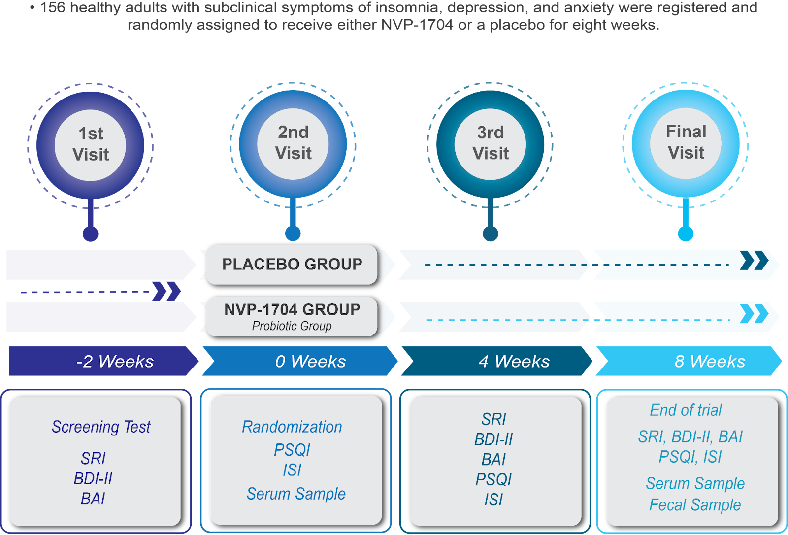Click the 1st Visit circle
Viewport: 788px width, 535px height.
(x=91, y=145)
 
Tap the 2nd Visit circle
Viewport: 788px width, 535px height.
(x=293, y=143)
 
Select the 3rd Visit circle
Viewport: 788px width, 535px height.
(x=491, y=143)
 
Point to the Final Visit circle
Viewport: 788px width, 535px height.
(x=686, y=143)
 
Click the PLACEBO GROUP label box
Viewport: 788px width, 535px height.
(x=292, y=265)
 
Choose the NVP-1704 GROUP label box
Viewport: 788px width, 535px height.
(x=292, y=316)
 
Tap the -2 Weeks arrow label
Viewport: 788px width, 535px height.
(x=115, y=362)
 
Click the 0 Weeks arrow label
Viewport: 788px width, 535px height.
(x=310, y=362)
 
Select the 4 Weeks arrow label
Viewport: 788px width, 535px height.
(x=514, y=362)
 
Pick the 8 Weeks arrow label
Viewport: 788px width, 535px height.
(x=710, y=362)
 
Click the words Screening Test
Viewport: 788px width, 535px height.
(x=101, y=427)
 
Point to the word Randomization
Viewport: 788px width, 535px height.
(x=292, y=427)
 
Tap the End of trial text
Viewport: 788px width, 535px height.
(x=686, y=410)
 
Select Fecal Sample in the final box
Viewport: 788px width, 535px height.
(x=695, y=505)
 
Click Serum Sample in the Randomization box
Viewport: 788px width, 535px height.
(x=296, y=494)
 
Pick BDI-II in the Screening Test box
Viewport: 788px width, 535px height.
(x=93, y=478)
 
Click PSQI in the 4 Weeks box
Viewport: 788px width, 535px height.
(x=493, y=479)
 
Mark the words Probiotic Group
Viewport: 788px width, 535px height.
(x=292, y=326)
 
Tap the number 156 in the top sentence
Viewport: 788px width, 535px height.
(x=53, y=8)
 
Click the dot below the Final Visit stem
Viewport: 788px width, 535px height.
(x=686, y=234)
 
